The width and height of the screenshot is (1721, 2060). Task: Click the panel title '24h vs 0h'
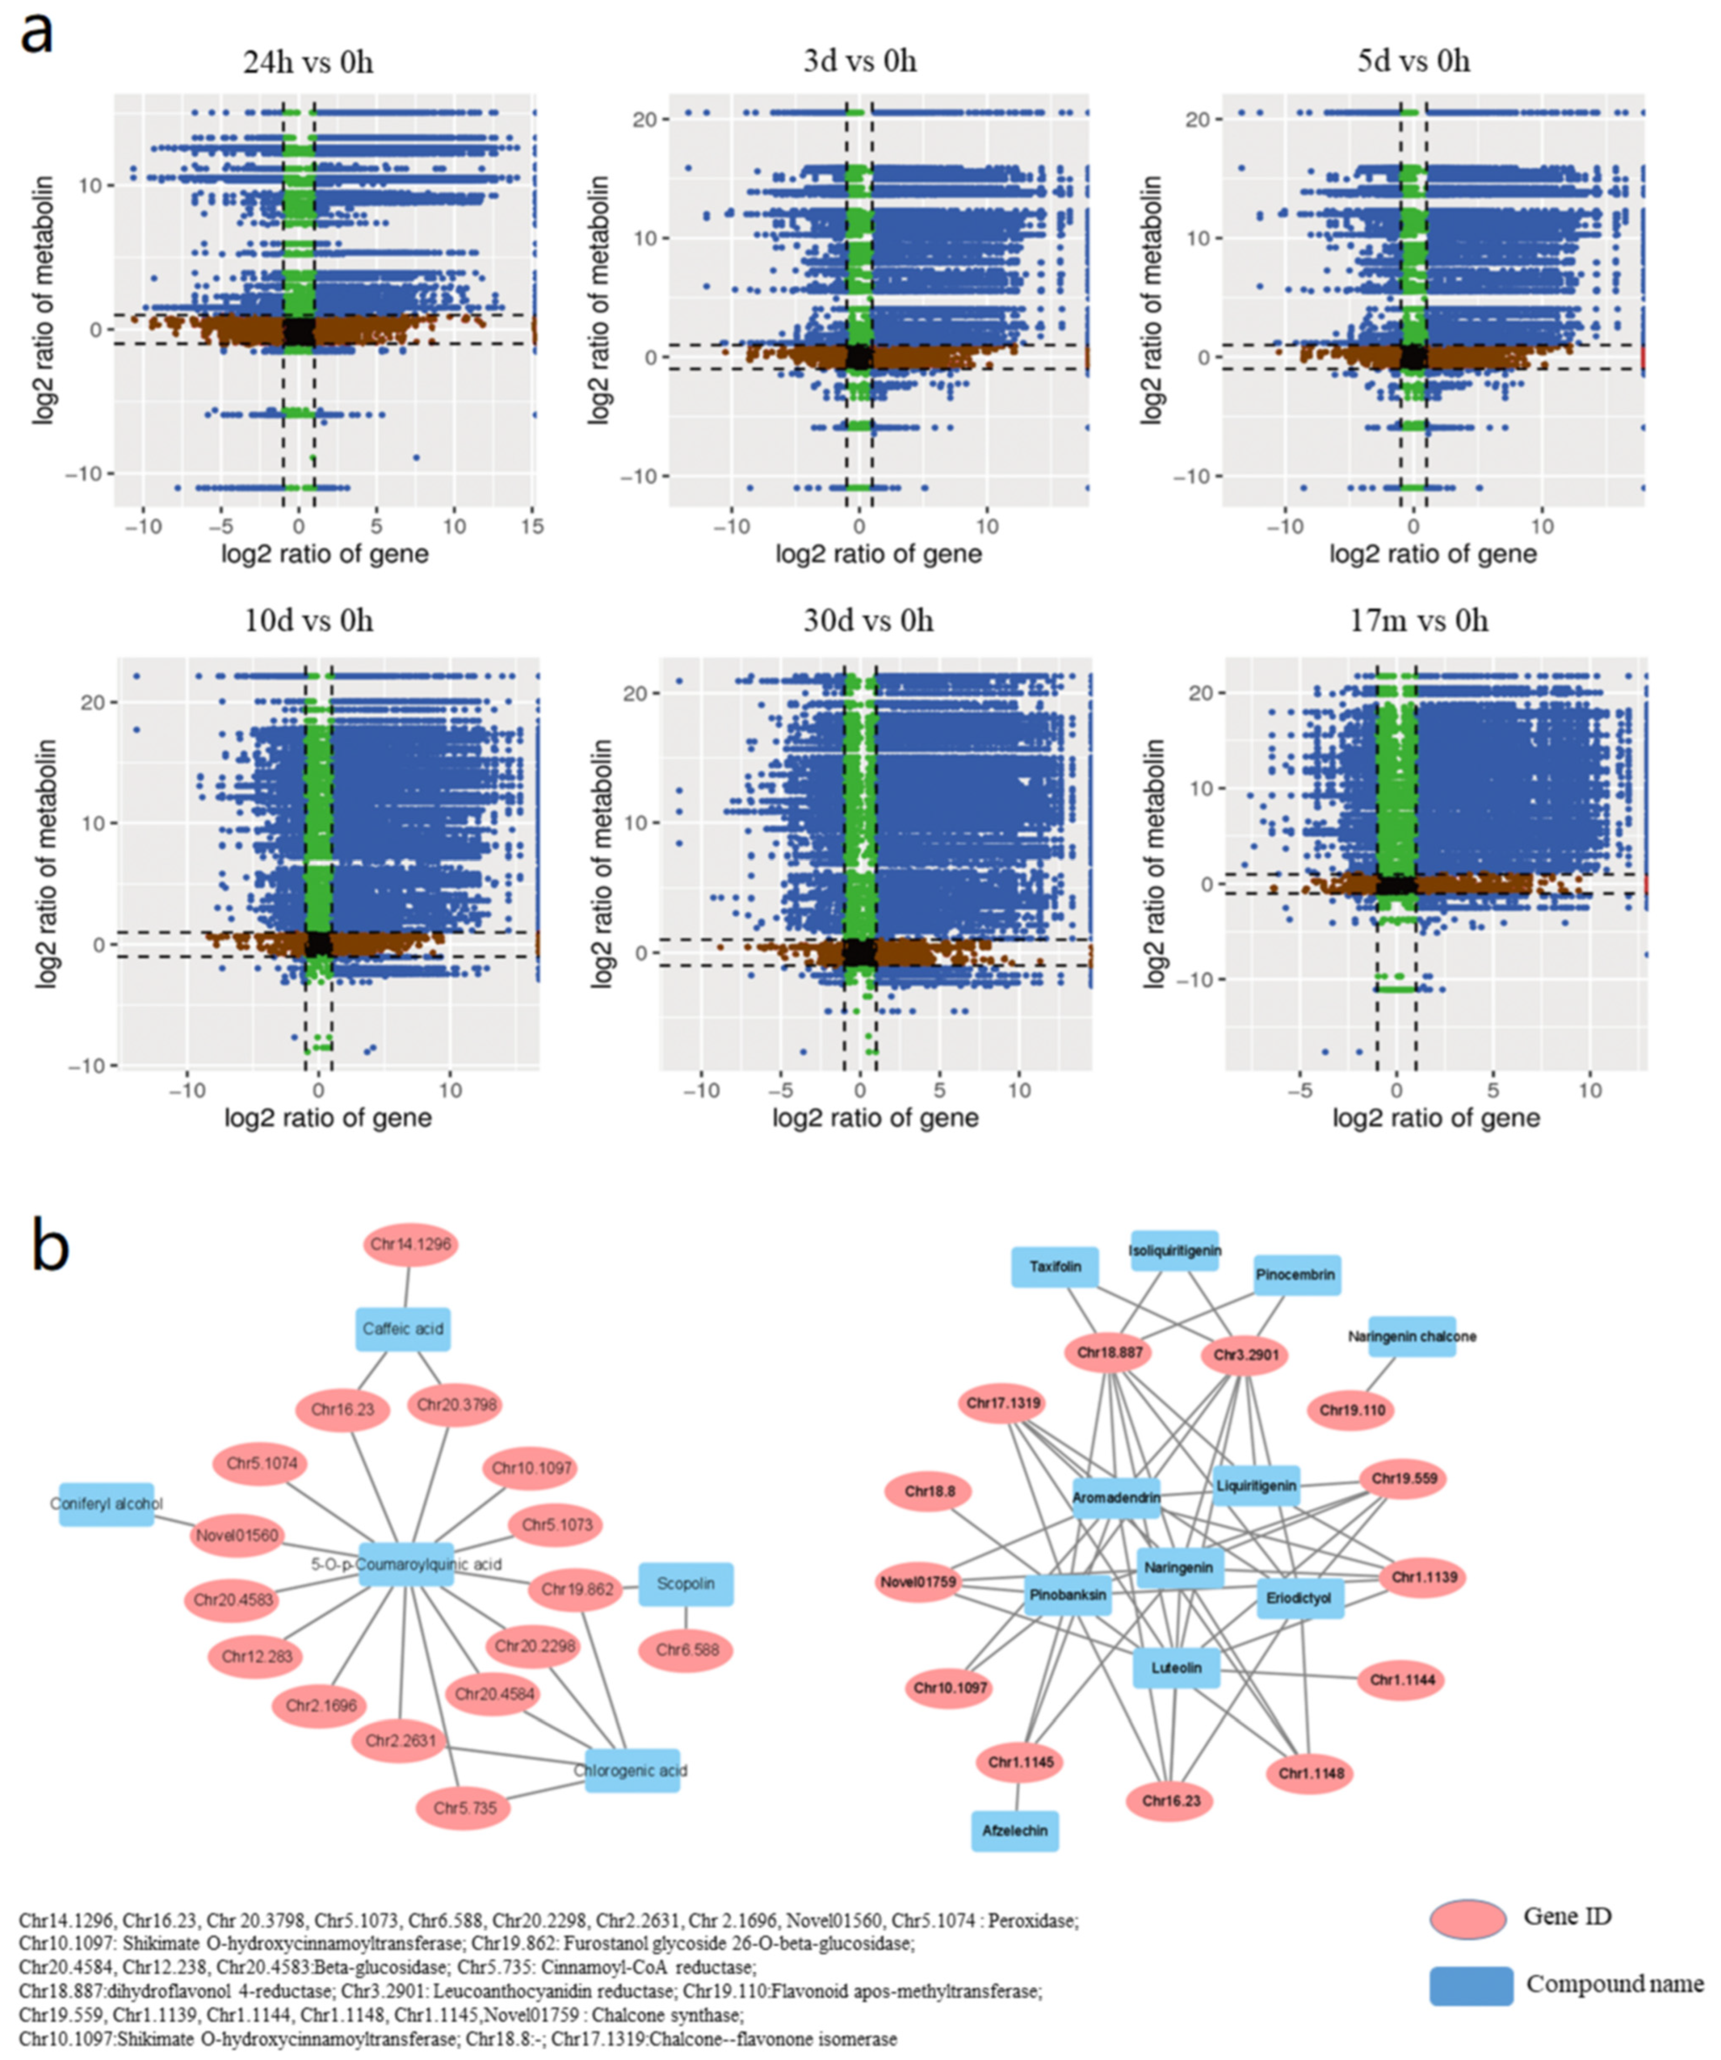308,63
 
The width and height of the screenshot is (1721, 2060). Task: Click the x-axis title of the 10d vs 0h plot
328,1117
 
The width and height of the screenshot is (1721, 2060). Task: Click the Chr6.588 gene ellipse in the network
687,1650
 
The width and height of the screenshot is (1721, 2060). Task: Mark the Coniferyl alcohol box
106,1504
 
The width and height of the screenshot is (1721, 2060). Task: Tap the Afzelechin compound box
1015,1830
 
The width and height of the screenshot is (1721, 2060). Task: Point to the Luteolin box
1176,1668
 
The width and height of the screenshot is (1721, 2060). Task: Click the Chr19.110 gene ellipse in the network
1352,1411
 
